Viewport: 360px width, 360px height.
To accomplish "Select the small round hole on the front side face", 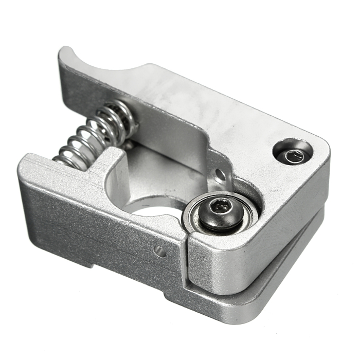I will click(x=160, y=251).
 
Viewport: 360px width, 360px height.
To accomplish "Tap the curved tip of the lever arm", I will click(x=66, y=52).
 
